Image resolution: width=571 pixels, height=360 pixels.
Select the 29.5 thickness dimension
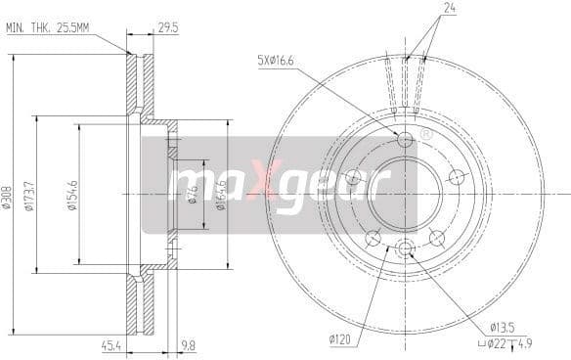click(x=168, y=28)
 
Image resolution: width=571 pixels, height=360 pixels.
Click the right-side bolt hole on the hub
click(x=455, y=177)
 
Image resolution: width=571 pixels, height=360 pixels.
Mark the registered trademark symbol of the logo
click(x=424, y=133)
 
